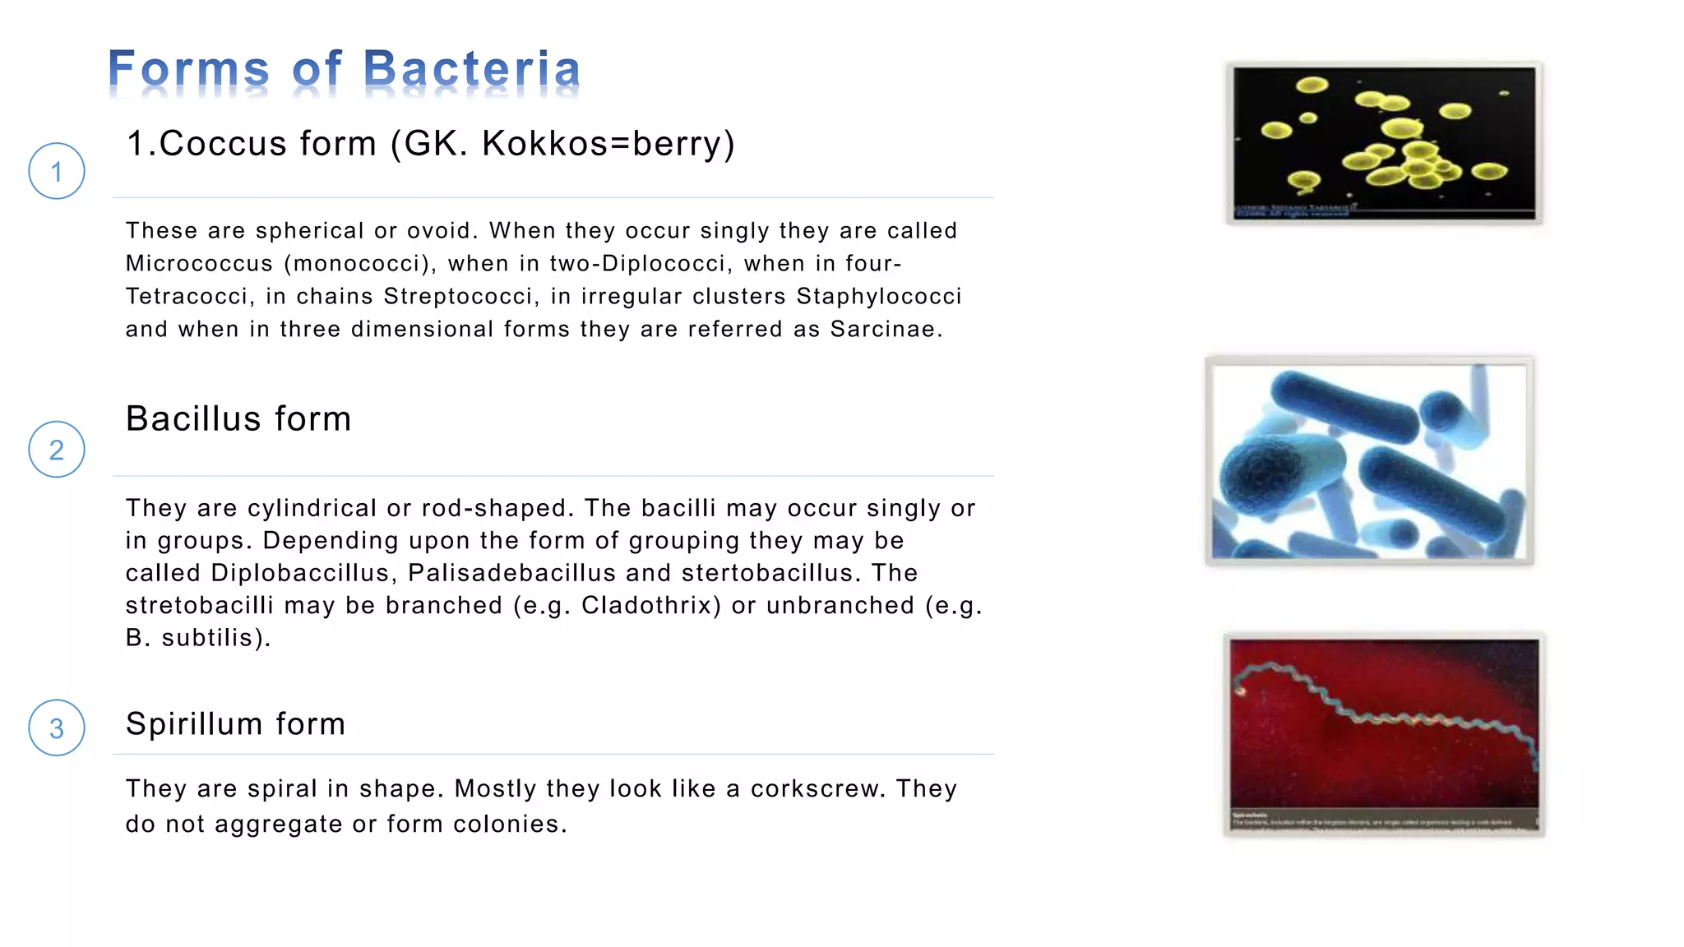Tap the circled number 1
pyautogui.click(x=57, y=172)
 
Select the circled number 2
pyautogui.click(x=57, y=450)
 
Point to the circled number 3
pyautogui.click(x=57, y=728)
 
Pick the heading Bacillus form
pyautogui.click(x=238, y=419)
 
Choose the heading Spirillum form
pyautogui.click(x=235, y=724)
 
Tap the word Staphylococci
pyautogui.click(x=879, y=296)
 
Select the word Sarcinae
pyautogui.click(x=886, y=330)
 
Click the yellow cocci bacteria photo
pyautogui.click(x=1384, y=143)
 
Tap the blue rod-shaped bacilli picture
pyautogui.click(x=1369, y=461)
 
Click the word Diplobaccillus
pyautogui.click(x=299, y=573)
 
